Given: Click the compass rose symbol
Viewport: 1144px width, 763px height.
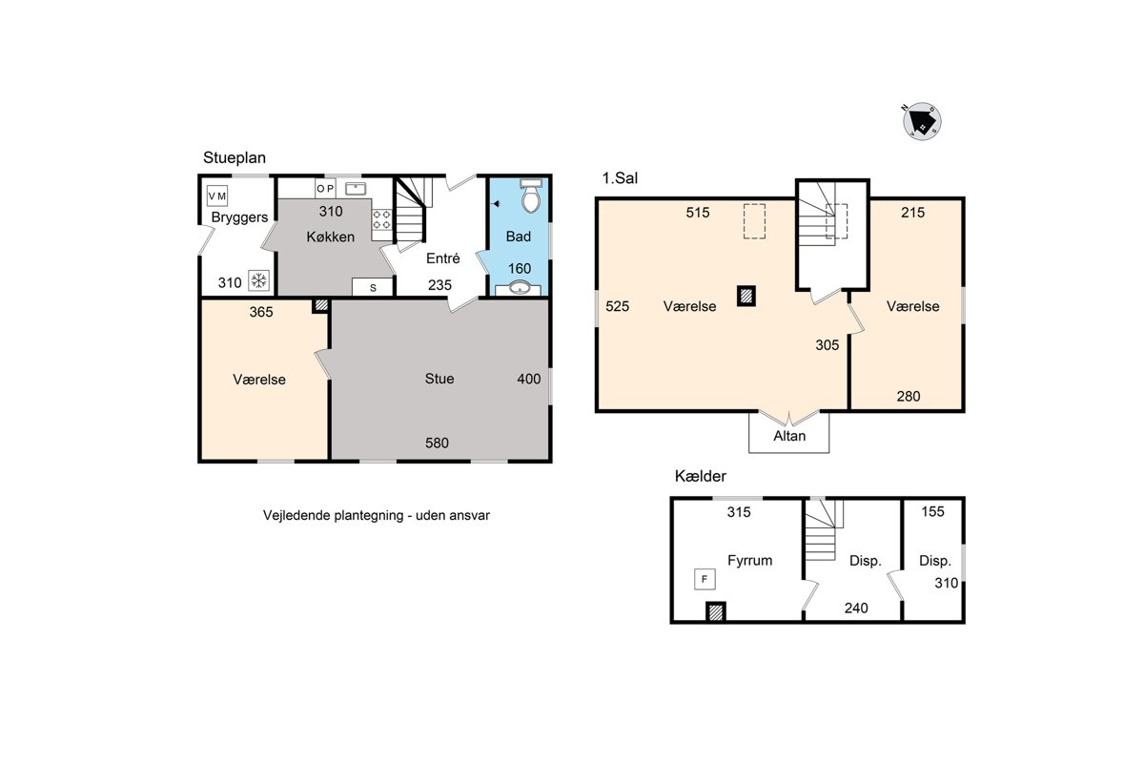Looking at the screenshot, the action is (922, 122).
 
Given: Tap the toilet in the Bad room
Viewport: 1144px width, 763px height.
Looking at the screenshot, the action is (531, 196).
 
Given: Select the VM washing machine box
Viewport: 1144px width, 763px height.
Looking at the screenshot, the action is (217, 196).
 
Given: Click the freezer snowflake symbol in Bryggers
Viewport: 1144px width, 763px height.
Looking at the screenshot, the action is (259, 280).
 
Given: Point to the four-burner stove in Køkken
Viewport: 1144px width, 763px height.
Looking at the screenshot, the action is (381, 220).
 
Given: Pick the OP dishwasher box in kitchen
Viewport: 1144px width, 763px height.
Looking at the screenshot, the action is (325, 189).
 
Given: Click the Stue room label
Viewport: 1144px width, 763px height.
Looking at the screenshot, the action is (439, 379).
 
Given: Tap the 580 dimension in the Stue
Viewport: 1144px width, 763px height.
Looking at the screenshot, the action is (438, 443).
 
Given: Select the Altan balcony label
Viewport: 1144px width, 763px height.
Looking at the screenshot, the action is (789, 436).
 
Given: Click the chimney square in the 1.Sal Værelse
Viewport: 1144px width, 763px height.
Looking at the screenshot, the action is (746, 296).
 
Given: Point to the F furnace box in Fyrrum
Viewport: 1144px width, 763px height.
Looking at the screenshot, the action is (705, 579).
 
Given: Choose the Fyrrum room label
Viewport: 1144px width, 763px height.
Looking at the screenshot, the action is (749, 561).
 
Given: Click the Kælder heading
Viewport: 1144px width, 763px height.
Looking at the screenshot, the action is (700, 476).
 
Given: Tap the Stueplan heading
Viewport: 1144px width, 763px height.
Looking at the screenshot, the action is (235, 158).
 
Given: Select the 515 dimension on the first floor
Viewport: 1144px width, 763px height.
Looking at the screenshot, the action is (698, 213).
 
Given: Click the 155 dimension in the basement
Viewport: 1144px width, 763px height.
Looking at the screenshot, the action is (932, 511).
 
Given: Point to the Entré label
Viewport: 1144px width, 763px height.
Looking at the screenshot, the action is (442, 258).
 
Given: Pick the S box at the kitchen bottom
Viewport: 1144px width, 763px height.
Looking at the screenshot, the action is (373, 287).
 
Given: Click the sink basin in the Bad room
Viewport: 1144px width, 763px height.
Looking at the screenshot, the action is (520, 288).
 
